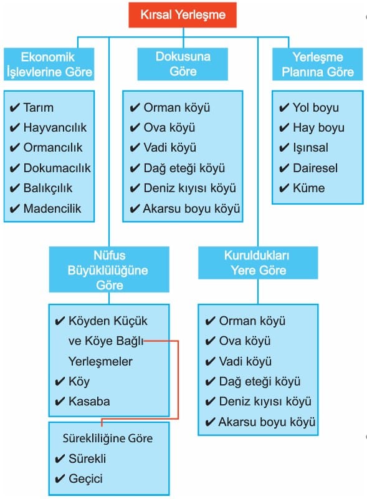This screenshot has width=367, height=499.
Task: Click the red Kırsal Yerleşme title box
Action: tap(183, 15)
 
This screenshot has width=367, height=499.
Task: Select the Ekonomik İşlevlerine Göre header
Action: tap(49, 64)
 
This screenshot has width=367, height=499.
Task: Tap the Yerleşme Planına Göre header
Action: tap(317, 64)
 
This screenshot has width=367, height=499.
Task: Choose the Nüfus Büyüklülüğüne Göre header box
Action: tap(109, 269)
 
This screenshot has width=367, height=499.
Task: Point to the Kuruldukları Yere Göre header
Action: tap(258, 263)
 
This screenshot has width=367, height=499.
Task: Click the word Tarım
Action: tap(39, 107)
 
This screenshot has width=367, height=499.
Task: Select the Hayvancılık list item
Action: tap(55, 128)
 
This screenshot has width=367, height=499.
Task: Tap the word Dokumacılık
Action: tap(57, 168)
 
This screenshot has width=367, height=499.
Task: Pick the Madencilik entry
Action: tap(52, 208)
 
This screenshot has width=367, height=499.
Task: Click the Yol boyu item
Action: tap(316, 107)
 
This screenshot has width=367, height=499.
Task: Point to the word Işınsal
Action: tap(311, 148)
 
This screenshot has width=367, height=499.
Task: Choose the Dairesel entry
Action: tap(315, 168)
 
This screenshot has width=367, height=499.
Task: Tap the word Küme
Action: tap(309, 188)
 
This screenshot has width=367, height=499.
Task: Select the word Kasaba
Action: tap(89, 401)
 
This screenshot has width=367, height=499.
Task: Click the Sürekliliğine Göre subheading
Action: tap(108, 438)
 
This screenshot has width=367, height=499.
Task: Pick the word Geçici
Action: tap(85, 478)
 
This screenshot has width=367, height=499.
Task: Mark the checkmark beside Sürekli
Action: tap(60, 459)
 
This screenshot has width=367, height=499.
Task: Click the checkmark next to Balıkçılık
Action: tap(14, 188)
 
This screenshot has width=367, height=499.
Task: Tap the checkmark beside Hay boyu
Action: tap(284, 128)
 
